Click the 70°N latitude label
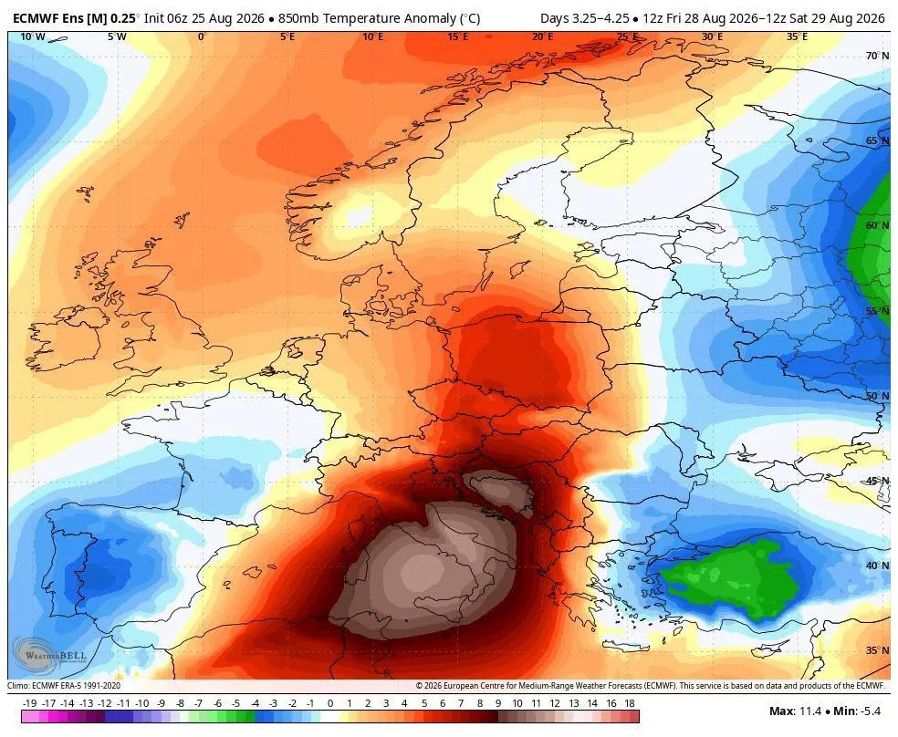[x=877, y=56]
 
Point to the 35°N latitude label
[x=877, y=650]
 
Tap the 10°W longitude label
[x=33, y=37]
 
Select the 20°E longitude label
[x=542, y=37]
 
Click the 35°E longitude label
[x=797, y=37]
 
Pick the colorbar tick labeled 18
[x=630, y=703]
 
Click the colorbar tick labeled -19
[x=30, y=703]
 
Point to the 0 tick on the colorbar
[x=329, y=703]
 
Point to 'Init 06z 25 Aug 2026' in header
[x=204, y=18]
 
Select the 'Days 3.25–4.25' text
[x=584, y=18]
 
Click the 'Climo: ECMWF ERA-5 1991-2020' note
[x=64, y=686]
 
